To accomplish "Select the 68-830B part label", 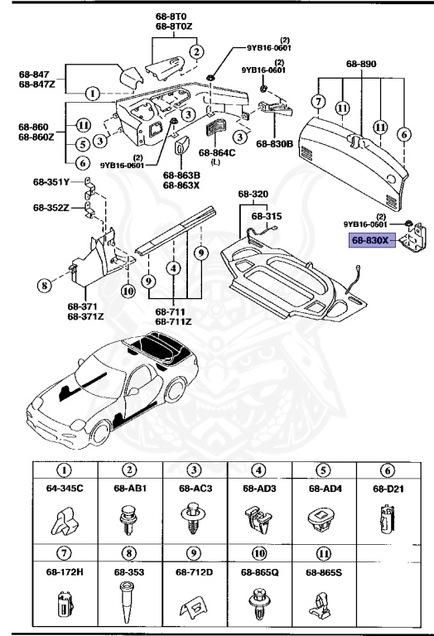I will [x=273, y=144].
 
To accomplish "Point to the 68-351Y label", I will [x=51, y=183].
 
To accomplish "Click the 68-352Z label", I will [x=51, y=207].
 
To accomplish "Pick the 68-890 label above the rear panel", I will [x=362, y=63].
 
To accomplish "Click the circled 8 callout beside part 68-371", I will [x=43, y=287].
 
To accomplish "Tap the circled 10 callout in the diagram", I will [x=128, y=290].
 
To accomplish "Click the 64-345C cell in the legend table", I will [x=64, y=488].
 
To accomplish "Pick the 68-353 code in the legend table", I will [x=128, y=571].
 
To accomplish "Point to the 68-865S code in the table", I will [x=325, y=571].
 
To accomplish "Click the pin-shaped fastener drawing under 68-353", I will [x=128, y=607].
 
